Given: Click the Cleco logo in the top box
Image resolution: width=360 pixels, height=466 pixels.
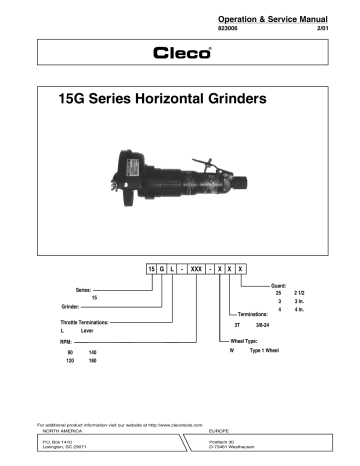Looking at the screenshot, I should coord(180,53).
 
